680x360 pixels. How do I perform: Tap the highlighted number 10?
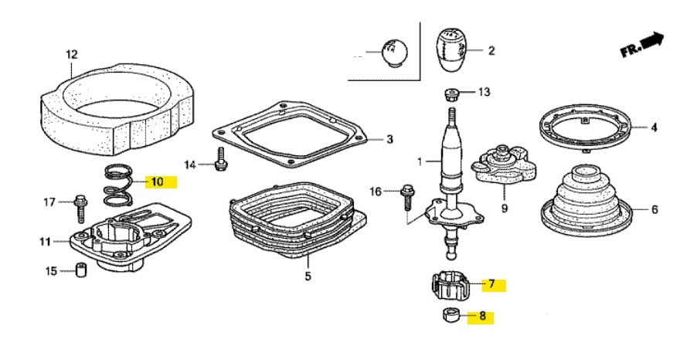[x=157, y=182]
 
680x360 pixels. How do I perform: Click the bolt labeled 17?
[x=80, y=206]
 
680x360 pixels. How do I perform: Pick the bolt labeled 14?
[x=221, y=159]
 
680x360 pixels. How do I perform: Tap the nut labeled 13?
[x=453, y=95]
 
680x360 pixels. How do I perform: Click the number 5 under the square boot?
[x=307, y=276]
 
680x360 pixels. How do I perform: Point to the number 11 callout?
[x=46, y=242]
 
